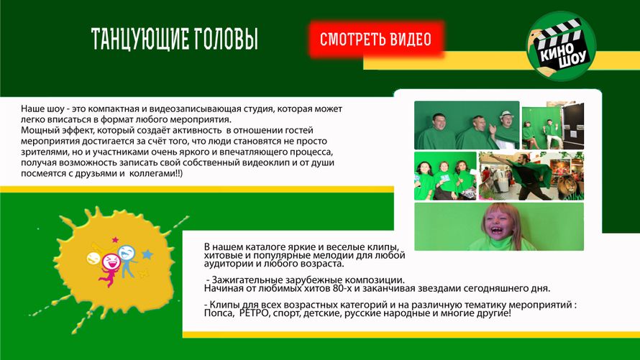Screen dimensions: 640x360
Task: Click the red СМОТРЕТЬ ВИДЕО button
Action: pyautogui.click(x=376, y=39)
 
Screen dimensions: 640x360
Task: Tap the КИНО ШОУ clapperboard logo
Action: pyautogui.click(x=561, y=46)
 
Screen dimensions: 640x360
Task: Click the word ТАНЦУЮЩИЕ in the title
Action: pyautogui.click(x=140, y=39)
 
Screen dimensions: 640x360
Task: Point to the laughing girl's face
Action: pyautogui.click(x=500, y=225)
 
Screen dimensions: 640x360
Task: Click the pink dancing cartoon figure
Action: pyautogui.click(x=109, y=268)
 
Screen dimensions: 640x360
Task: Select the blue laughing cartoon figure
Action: pyautogui.click(x=127, y=260)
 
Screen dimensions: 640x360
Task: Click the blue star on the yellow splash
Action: pyautogui.click(x=147, y=254)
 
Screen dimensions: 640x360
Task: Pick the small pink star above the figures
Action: pyautogui.click(x=115, y=239)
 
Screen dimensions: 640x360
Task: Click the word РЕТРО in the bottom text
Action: pyautogui.click(x=253, y=313)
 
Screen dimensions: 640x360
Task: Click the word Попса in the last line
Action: pyautogui.click(x=219, y=313)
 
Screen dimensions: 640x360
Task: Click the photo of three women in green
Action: pyautogui.click(x=445, y=176)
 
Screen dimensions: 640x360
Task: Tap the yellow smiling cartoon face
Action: pyautogui.click(x=93, y=258)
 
